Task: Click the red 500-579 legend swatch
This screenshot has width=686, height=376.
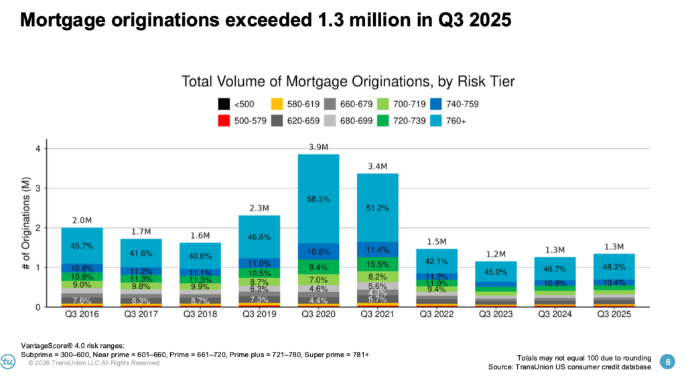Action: click(x=223, y=121)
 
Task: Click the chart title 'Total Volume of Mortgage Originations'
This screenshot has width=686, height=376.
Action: click(x=348, y=82)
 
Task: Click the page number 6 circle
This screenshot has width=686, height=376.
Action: click(x=667, y=360)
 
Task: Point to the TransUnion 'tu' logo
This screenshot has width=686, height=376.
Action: click(x=9, y=360)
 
